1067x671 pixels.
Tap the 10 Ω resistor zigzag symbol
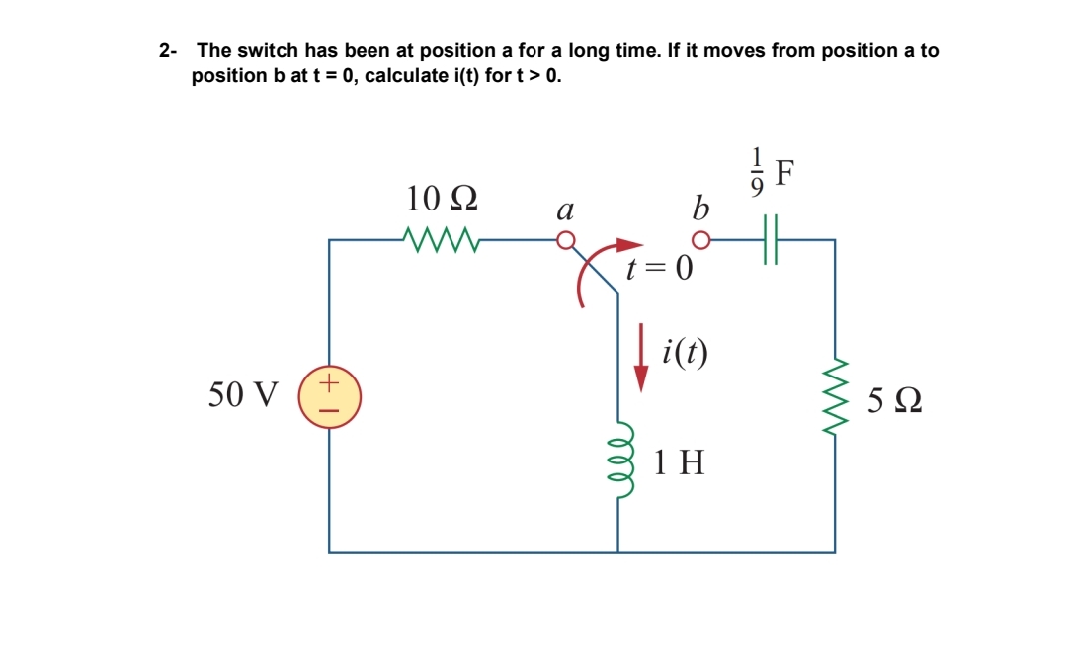coord(442,239)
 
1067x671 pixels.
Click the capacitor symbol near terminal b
coord(770,240)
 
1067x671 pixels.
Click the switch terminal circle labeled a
coord(565,240)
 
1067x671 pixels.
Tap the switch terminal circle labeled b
coord(700,240)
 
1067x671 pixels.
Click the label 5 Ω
coord(895,402)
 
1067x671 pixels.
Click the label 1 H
coord(680,461)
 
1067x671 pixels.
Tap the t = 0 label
coord(660,268)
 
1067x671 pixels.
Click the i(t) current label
coord(686,350)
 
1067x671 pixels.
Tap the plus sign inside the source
coord(330,379)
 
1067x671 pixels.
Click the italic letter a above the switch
coord(565,210)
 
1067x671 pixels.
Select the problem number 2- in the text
coord(168,50)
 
